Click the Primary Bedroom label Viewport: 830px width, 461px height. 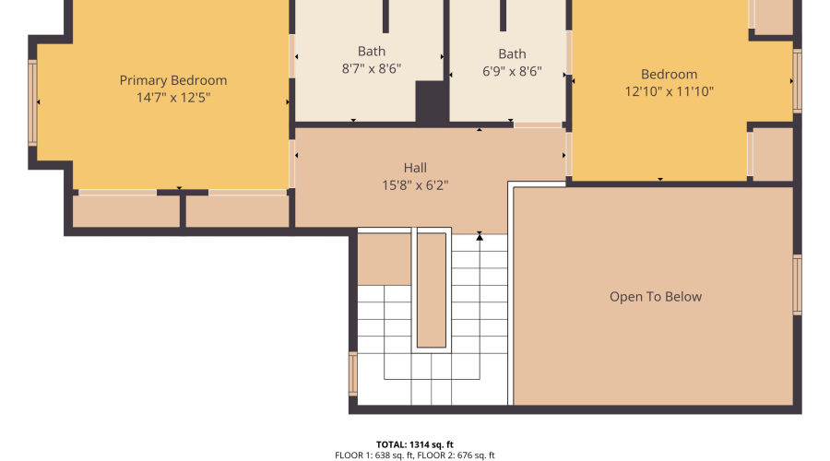tap(173, 80)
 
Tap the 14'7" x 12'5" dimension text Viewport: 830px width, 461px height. tap(173, 98)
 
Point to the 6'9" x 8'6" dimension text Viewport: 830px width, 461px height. tap(512, 71)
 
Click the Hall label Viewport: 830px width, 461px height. tap(415, 168)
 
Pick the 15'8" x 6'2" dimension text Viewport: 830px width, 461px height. tap(415, 185)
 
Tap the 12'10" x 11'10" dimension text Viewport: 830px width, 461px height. tap(670, 91)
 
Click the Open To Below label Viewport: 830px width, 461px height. tap(656, 297)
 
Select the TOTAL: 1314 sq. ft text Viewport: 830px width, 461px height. tap(415, 444)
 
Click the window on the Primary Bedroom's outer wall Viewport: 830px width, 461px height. tap(32, 102)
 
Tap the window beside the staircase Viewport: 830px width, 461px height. tap(353, 373)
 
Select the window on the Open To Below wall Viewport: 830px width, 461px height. tap(797, 285)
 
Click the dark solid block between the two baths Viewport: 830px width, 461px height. tap(432, 102)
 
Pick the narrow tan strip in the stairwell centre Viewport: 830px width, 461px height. tap(432, 290)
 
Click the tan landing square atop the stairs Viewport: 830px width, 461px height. tap(385, 259)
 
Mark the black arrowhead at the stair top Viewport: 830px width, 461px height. tap(480, 237)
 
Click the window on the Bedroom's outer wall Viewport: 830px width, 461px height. tap(797, 81)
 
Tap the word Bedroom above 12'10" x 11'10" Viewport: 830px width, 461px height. tap(670, 75)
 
